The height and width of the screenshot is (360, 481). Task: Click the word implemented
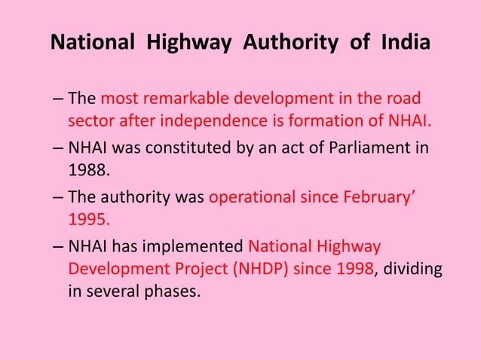click(201, 246)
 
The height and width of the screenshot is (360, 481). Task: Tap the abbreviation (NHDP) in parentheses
click(253, 267)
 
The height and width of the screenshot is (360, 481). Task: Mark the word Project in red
click(182, 267)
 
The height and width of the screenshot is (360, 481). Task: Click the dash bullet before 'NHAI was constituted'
click(59, 148)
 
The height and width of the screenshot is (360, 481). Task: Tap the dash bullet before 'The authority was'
click(59, 197)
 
